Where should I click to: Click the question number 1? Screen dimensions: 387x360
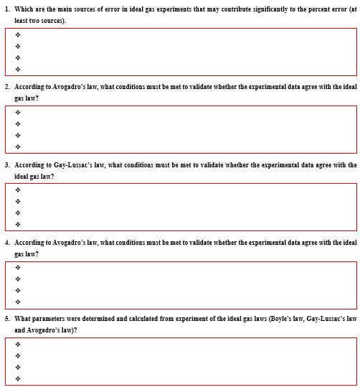(x=7, y=9)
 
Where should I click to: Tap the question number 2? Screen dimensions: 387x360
(x=7, y=86)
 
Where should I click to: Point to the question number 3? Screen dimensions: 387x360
(x=7, y=164)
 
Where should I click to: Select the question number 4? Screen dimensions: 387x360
(x=7, y=243)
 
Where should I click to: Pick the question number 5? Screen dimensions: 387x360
(x=7, y=318)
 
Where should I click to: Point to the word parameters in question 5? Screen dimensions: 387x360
(x=49, y=318)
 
